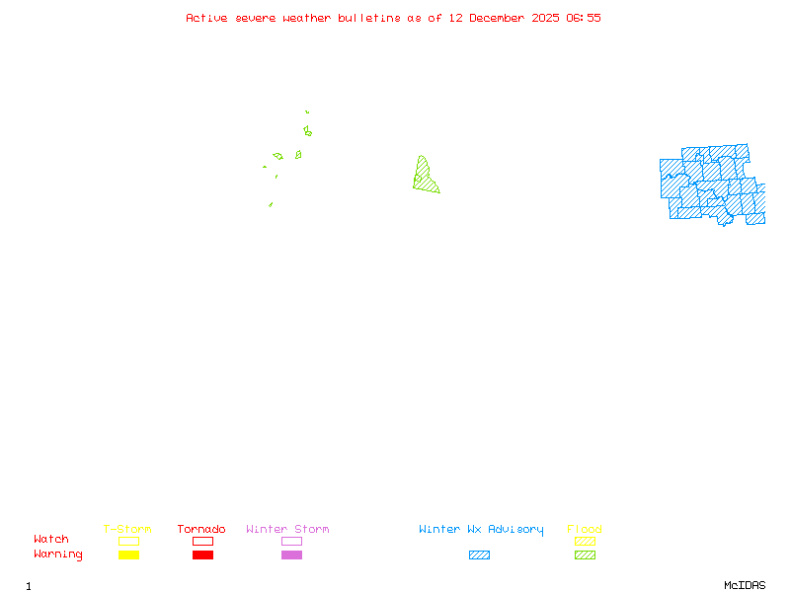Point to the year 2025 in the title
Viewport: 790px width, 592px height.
click(547, 18)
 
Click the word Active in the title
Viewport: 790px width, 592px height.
click(205, 18)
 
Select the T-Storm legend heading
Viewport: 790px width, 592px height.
click(127, 530)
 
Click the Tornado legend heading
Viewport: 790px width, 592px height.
click(201, 530)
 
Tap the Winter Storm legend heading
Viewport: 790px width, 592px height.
click(287, 530)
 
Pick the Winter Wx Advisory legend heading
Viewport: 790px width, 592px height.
click(481, 530)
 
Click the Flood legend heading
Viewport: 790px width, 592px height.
click(585, 530)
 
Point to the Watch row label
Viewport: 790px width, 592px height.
click(51, 540)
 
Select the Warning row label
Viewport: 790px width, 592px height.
click(58, 555)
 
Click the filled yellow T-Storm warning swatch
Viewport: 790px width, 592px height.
click(128, 555)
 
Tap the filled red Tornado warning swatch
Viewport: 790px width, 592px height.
click(202, 555)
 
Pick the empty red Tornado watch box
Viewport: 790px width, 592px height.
click(202, 541)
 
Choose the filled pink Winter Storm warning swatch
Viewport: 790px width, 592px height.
click(291, 555)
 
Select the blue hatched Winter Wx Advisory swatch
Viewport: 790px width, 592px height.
click(479, 555)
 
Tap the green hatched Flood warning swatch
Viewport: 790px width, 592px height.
click(585, 555)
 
